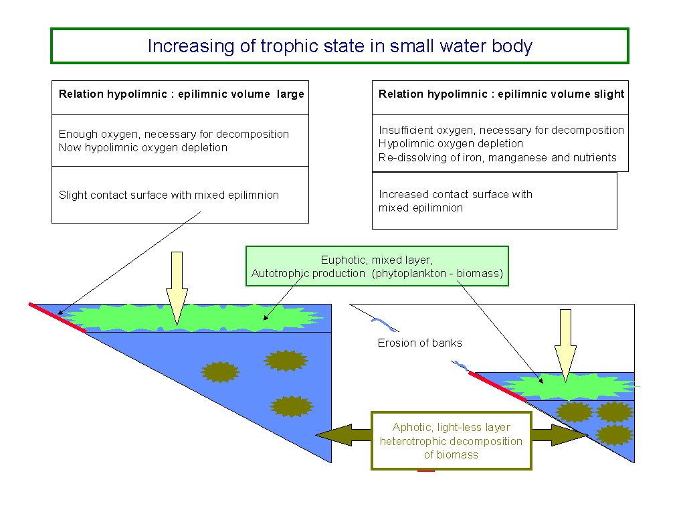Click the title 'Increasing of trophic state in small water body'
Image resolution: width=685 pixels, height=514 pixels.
(339, 46)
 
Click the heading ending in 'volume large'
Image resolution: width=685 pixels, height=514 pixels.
(181, 94)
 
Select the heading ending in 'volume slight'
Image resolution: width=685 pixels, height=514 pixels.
(501, 94)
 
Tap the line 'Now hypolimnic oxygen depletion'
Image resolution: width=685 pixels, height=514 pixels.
(143, 148)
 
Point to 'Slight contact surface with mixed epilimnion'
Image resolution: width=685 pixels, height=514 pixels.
(169, 195)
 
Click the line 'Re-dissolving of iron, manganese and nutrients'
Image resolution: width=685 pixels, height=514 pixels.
(498, 158)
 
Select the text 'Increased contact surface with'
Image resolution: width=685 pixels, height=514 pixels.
(456, 195)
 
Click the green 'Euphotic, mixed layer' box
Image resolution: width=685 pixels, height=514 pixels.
(377, 266)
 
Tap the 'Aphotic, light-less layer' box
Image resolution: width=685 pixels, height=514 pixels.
(451, 440)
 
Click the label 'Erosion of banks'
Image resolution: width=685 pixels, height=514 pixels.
(419, 343)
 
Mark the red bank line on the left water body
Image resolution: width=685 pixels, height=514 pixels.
(58, 318)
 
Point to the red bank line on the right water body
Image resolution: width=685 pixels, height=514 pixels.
(498, 387)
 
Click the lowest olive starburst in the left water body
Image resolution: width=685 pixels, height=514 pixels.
(292, 406)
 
